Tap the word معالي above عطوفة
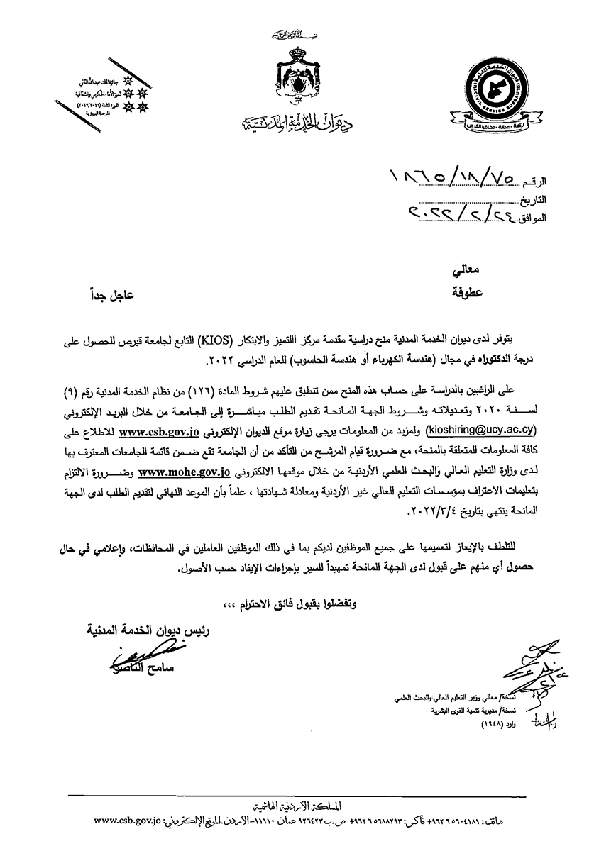468,271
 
